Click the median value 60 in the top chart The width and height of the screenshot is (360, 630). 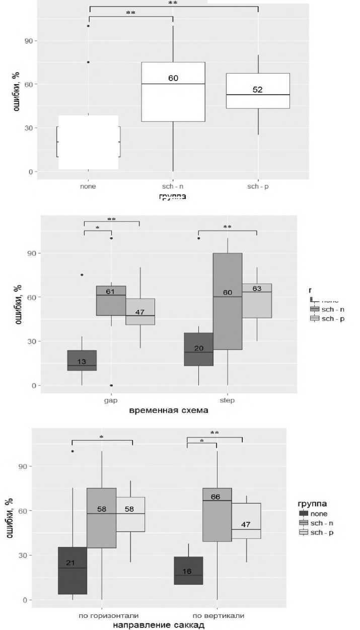[173, 78]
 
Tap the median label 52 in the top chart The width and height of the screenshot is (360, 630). [258, 90]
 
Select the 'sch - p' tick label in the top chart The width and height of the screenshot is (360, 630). [257, 186]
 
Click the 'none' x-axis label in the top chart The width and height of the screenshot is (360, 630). [88, 186]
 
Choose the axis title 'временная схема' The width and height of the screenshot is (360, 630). [169, 410]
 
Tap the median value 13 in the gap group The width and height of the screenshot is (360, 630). [82, 362]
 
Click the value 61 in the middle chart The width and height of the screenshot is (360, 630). [111, 291]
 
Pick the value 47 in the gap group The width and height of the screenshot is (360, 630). [139, 312]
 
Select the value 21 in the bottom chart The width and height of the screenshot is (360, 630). [70, 563]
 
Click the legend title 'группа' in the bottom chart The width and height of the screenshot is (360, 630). [313, 503]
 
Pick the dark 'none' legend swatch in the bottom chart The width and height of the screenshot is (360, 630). [304, 514]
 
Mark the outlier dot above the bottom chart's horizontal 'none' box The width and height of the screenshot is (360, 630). [73, 451]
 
